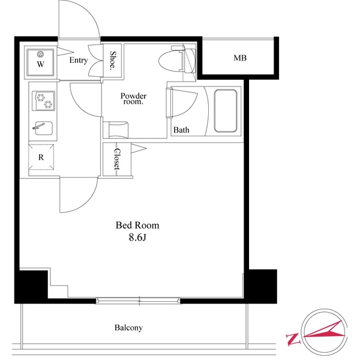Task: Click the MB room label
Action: [240, 58]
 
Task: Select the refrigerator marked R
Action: [41, 157]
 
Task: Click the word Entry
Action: [79, 60]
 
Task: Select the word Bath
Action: [181, 130]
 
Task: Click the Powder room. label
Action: [133, 98]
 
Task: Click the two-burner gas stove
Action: [43, 100]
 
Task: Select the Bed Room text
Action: [137, 226]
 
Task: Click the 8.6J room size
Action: [137, 238]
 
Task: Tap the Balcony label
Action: [129, 328]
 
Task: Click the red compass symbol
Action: [324, 334]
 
